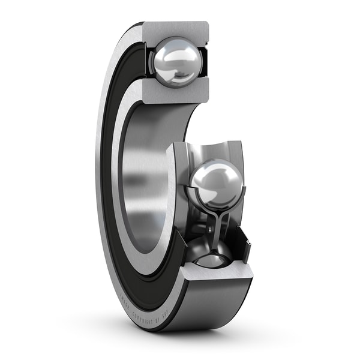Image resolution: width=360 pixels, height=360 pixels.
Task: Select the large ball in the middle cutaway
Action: coord(217,183)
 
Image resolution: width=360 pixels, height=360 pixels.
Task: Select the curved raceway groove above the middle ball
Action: coord(213,150)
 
